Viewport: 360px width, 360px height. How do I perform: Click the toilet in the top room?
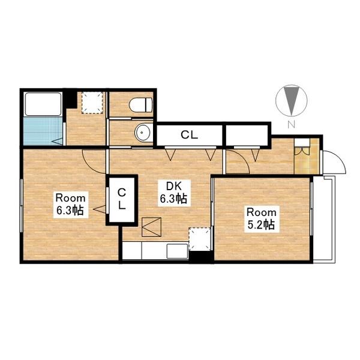click(140, 104)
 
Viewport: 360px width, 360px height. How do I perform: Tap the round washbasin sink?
click(142, 133)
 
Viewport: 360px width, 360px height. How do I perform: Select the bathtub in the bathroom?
click(43, 104)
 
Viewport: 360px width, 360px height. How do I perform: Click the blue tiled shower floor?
click(43, 131)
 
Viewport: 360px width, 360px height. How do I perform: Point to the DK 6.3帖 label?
click(173, 193)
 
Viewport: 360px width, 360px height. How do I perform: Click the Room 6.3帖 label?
click(71, 205)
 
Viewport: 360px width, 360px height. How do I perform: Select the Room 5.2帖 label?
click(262, 219)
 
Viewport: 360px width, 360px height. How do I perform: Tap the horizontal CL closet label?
click(190, 135)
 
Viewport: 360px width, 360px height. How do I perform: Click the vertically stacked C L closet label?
click(122, 199)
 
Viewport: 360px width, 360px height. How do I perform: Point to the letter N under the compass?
click(291, 124)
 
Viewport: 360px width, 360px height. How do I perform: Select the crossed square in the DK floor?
click(151, 227)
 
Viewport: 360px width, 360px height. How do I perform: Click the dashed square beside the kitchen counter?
click(200, 239)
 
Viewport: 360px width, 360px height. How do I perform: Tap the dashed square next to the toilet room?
click(92, 103)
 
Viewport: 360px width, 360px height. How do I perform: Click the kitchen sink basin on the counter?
click(177, 251)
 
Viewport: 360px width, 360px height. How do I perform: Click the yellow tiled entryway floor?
click(307, 157)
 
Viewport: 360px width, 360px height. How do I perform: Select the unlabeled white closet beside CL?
click(247, 135)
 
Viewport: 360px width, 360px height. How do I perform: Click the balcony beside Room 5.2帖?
click(324, 218)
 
